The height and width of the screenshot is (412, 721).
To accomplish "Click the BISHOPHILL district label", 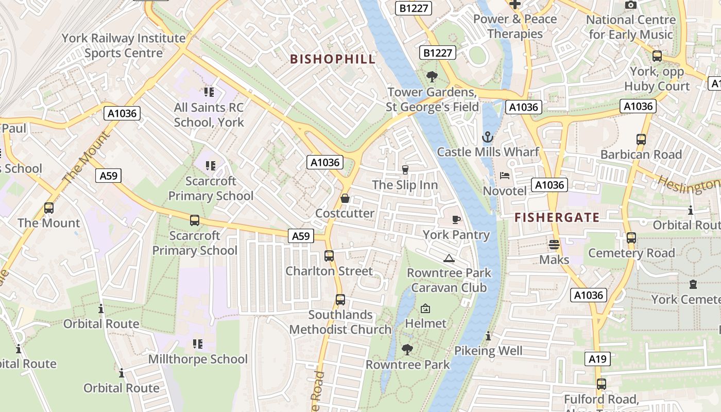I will (x=333, y=59).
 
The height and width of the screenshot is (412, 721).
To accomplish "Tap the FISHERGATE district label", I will (x=557, y=217).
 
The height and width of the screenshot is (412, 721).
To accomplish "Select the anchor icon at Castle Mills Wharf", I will (x=487, y=137).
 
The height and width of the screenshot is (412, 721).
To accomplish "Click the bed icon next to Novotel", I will (x=505, y=176).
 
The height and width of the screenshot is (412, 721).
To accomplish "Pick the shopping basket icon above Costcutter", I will (x=345, y=198).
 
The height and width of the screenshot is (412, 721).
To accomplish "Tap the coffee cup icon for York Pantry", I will (x=456, y=220).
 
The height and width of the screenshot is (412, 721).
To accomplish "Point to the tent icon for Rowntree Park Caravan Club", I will (x=449, y=258).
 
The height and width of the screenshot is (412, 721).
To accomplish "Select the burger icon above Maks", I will (x=554, y=245).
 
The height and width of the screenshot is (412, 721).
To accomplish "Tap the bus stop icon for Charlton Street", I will (x=329, y=256).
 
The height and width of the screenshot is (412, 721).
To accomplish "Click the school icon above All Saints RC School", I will (x=209, y=92).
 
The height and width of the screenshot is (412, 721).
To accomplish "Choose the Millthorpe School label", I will (x=198, y=359).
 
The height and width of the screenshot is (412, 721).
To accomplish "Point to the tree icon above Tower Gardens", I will (x=432, y=77).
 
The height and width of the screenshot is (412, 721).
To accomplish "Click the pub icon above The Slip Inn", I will (x=405, y=169).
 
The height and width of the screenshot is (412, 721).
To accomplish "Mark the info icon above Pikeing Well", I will (x=488, y=336).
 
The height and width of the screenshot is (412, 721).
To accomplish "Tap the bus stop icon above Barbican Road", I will (x=641, y=140).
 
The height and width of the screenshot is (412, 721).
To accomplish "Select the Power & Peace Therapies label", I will (x=515, y=26).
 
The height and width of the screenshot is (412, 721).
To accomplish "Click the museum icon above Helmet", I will (x=425, y=308).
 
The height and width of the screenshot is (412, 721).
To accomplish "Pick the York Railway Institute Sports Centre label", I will (x=124, y=45).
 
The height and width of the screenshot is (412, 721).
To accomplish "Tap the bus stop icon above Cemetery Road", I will (x=631, y=238).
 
